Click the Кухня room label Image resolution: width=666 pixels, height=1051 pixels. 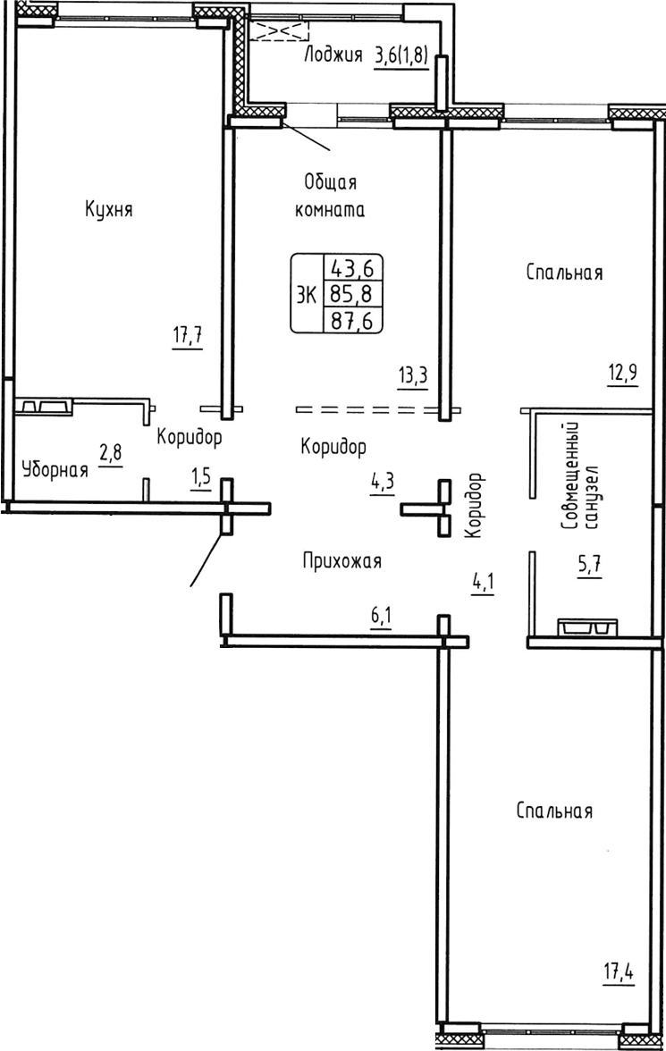click(109, 210)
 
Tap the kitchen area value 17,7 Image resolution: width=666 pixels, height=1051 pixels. click(188, 337)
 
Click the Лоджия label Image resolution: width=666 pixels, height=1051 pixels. click(333, 55)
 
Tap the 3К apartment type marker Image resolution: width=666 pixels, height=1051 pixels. click(306, 292)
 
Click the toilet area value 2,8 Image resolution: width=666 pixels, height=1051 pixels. click(111, 453)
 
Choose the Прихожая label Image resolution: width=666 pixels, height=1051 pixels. click(341, 561)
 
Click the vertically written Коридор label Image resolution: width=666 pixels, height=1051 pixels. click(474, 505)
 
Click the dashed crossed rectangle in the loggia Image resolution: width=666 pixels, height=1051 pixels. click(278, 31)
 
